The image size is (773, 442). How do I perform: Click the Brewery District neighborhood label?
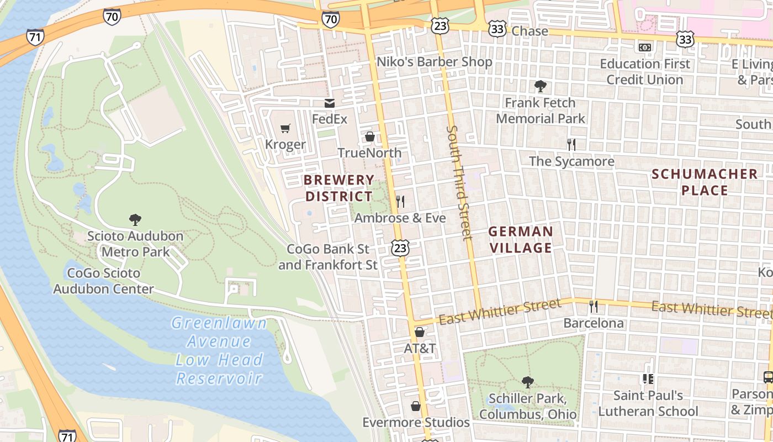point(339,188)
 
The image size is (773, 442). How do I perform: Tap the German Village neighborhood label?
point(521,239)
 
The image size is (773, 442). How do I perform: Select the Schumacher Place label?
point(705,182)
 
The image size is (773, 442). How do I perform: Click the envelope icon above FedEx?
point(330,103)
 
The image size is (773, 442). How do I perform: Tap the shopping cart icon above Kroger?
point(285,129)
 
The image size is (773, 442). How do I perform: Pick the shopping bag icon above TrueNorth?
point(369,136)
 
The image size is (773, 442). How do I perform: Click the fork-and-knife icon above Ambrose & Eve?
point(400,202)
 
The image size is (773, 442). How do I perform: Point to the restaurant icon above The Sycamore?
point(571,145)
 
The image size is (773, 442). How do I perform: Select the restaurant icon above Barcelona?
point(594,307)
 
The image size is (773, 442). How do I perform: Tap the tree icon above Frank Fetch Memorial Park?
point(540,86)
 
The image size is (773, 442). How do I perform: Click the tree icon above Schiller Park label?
point(527,382)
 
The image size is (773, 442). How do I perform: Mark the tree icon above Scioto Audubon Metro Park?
point(135,220)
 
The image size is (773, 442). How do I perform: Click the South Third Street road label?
point(459,182)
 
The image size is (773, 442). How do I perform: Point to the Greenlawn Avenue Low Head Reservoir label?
point(219,350)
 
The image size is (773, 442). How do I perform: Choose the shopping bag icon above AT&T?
point(420,332)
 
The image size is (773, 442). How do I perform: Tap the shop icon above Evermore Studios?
point(416,406)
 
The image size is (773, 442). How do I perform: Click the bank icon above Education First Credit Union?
point(644,48)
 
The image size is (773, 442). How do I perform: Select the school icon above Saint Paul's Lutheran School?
point(648,379)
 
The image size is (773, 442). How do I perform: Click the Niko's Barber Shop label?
point(434,61)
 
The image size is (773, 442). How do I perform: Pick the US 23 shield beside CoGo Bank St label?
point(400,248)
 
